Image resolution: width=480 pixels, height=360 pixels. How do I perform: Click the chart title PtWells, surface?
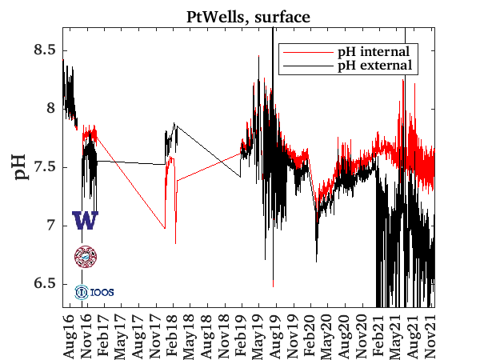[250, 15]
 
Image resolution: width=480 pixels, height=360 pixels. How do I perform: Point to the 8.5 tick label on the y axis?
[46, 50]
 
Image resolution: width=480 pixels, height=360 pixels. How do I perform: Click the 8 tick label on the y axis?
[52, 109]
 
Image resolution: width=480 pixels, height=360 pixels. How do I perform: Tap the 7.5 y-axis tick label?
[46, 167]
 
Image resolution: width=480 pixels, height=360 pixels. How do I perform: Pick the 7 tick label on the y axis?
[52, 226]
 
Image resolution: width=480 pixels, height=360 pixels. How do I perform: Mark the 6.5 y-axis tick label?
[46, 284]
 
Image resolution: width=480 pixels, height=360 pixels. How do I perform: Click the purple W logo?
[85, 221]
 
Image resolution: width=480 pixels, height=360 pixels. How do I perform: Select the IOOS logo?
[94, 292]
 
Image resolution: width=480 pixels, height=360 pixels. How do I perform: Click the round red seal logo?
[85, 256]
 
